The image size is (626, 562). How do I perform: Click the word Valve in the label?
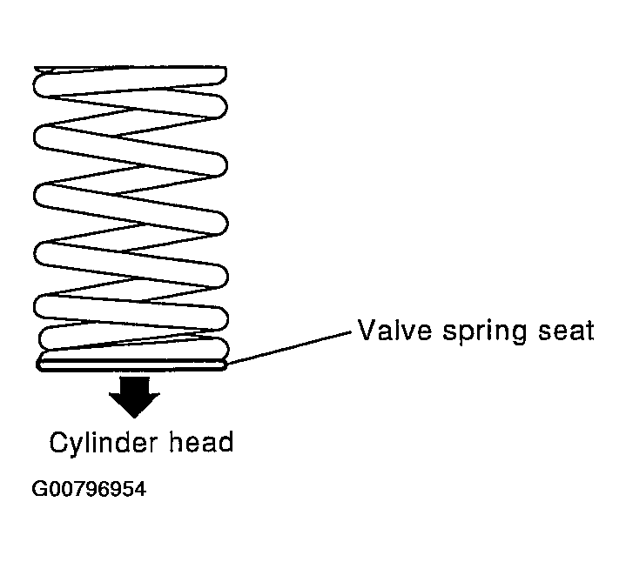click(x=394, y=331)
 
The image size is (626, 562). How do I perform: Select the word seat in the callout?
click(x=566, y=331)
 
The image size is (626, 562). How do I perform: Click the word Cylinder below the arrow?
click(x=104, y=443)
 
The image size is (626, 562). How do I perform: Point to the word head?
click(x=202, y=441)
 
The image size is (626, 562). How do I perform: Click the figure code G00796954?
click(x=89, y=489)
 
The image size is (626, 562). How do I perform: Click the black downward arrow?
click(x=135, y=397)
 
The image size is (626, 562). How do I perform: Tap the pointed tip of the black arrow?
click(x=135, y=418)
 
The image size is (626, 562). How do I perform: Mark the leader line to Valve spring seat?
click(x=289, y=347)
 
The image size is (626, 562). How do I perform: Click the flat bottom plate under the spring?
click(x=131, y=365)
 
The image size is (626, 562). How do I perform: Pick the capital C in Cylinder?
click(x=58, y=442)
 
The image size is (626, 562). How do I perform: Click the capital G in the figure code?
click(x=38, y=489)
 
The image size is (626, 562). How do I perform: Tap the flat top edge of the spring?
click(x=130, y=67)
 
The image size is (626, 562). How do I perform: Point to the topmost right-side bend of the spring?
click(x=222, y=76)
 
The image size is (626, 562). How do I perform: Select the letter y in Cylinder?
click(x=77, y=446)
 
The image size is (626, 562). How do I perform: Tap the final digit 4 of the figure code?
click(x=140, y=489)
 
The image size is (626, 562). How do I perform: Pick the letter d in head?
click(x=226, y=441)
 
